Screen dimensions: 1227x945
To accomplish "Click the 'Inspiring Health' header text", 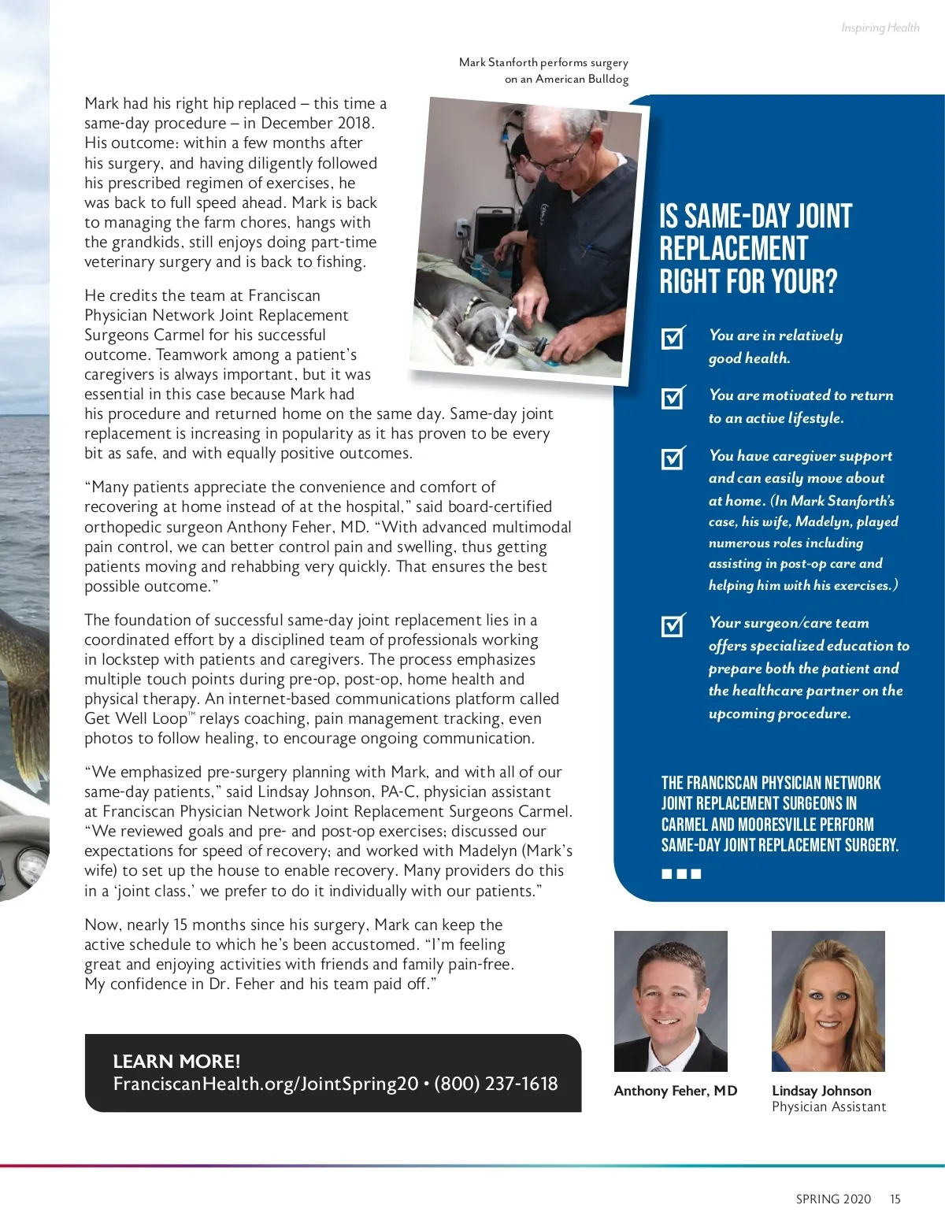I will point(880,28).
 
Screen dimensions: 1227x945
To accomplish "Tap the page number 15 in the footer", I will point(895,1199).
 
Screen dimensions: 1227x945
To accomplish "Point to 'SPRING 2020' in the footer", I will point(833,1199).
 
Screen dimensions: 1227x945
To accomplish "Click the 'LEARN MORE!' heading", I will point(176,1061).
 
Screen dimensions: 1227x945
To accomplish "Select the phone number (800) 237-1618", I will point(495,1084).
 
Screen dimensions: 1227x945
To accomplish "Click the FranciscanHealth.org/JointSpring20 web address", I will point(265,1084).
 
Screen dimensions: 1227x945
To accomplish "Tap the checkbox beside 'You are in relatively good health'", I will point(673,338).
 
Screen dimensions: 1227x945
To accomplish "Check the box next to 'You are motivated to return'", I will point(673,398).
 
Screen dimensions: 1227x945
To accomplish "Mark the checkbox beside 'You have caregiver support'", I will point(673,458).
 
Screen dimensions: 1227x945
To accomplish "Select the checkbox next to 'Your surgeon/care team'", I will point(673,625).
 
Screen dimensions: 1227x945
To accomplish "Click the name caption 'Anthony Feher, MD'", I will point(675,1091).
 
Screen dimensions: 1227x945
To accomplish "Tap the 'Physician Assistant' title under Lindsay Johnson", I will point(828,1107).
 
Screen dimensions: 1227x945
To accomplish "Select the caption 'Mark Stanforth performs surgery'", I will point(543,62).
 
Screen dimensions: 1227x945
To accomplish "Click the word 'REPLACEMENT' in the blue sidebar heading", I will point(733,249).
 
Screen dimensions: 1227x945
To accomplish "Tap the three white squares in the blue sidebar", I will point(681,873).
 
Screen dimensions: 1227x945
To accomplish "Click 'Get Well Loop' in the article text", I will point(135,718).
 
